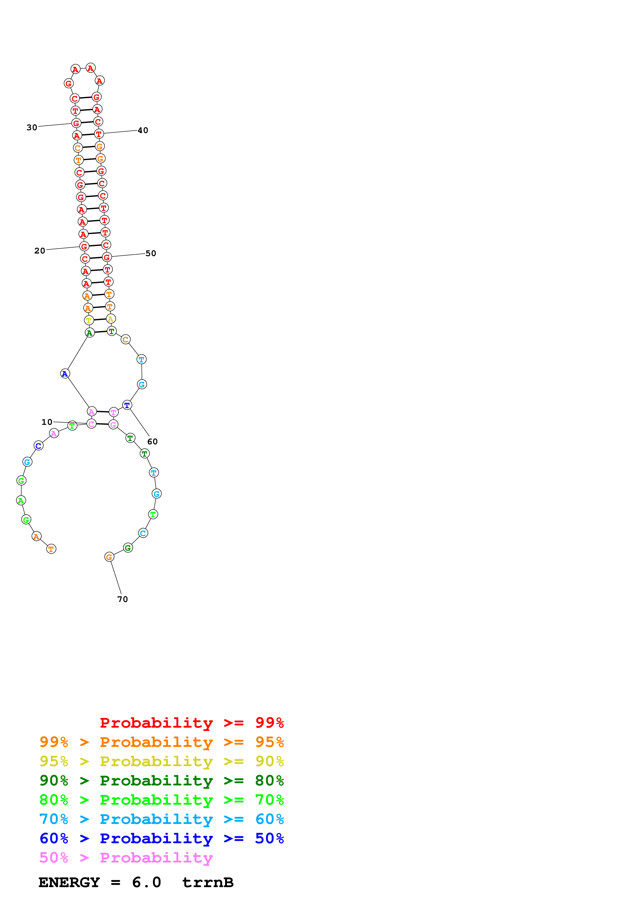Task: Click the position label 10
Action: (x=47, y=422)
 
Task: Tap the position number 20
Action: (x=40, y=251)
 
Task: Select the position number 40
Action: (x=143, y=130)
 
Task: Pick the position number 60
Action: (x=152, y=442)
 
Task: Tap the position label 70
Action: (x=123, y=599)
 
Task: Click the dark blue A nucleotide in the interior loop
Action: (x=65, y=374)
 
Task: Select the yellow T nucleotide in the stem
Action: (x=89, y=320)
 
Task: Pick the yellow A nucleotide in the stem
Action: (x=111, y=319)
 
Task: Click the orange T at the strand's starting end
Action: (x=51, y=549)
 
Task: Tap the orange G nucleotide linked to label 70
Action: (x=109, y=557)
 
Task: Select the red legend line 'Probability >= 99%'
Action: (x=191, y=723)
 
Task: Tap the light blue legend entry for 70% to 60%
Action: (x=161, y=819)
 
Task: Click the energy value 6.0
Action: (x=146, y=883)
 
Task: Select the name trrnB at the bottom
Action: (x=208, y=883)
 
